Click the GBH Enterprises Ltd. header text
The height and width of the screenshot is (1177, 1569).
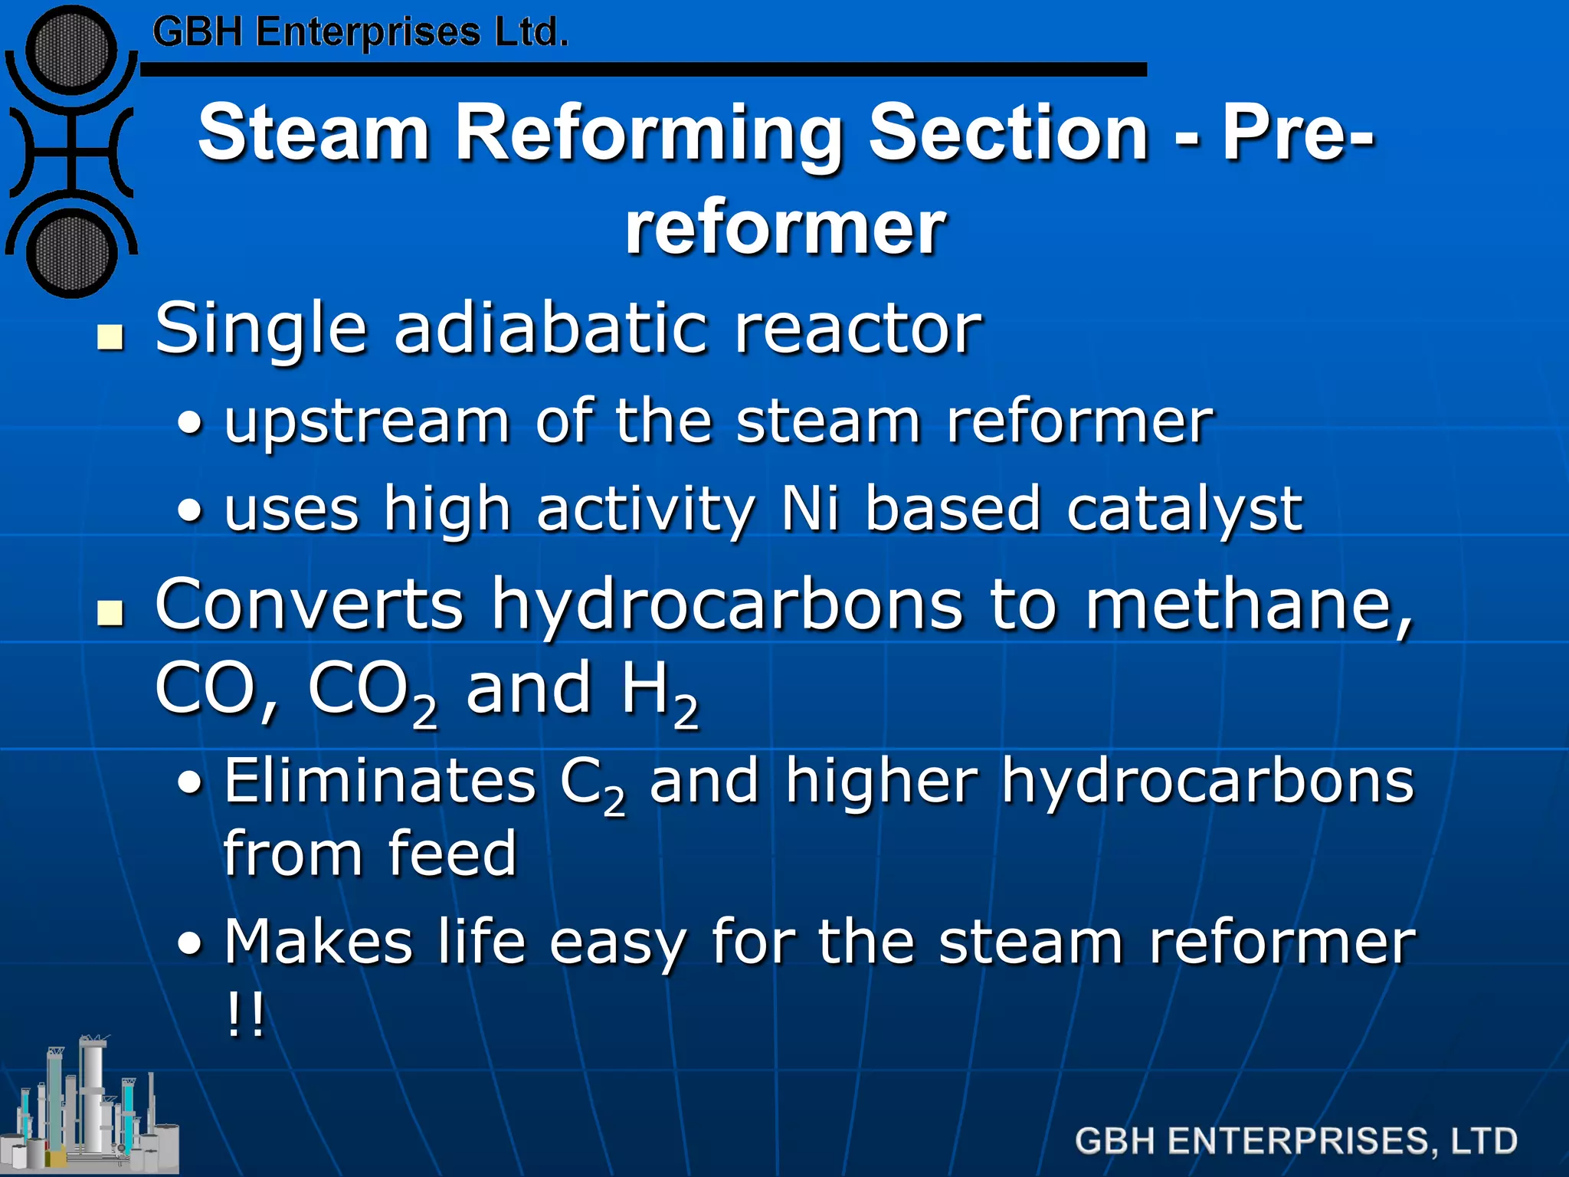coord(360,33)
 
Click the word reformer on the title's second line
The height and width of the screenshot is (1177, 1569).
coord(785,228)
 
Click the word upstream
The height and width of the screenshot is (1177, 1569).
coord(367,423)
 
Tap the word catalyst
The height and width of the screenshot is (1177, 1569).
coord(1184,510)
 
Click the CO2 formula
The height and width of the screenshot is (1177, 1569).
coord(372,690)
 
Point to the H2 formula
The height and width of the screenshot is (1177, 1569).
coord(660,690)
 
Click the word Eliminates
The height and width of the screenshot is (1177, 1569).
coord(379,782)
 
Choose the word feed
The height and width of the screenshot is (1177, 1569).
coord(452,854)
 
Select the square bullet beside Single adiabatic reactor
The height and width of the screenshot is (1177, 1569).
coord(111,337)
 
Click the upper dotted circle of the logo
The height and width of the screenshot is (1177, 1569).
coord(71,51)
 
